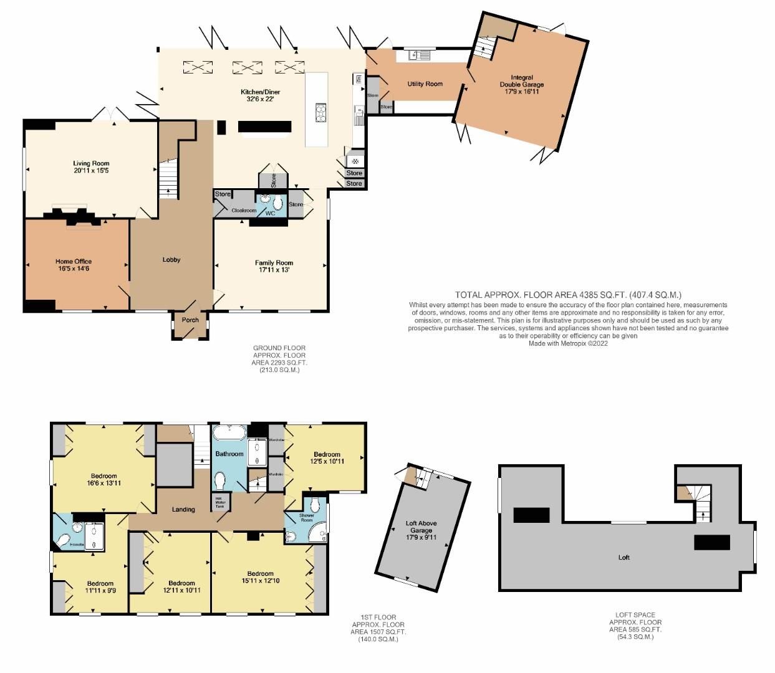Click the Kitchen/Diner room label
257,92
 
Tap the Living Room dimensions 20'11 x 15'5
91,170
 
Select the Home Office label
73,262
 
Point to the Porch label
190,320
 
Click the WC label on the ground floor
270,213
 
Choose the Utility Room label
425,84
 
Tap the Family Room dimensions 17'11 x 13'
274,270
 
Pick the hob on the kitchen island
320,112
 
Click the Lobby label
171,259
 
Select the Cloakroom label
244,211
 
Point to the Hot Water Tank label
219,502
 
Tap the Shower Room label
307,517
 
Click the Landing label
183,509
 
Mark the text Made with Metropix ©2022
568,343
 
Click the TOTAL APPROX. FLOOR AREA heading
567,295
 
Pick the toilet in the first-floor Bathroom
219,480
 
